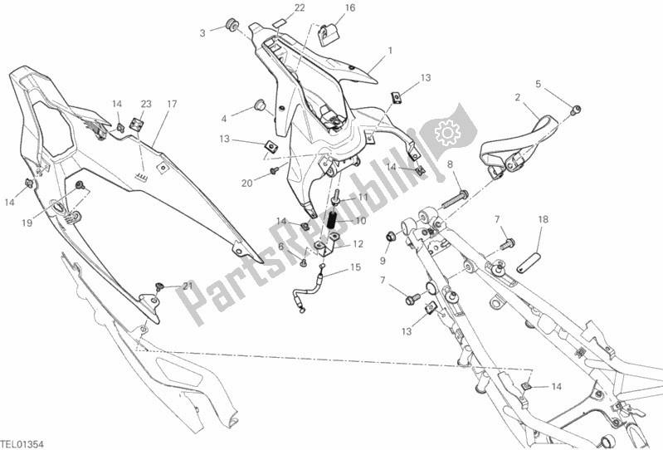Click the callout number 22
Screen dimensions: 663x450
coord(300,8)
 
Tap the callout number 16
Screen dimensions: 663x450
coord(350,8)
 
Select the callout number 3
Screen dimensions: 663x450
coord(202,33)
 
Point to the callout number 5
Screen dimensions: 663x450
coord(539,84)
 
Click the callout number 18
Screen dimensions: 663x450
coord(544,219)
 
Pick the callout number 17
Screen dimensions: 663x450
coord(172,104)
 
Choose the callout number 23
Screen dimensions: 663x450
coord(146,104)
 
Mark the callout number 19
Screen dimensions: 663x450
coord(27,223)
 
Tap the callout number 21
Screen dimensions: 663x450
coord(188,286)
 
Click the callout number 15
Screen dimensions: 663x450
coord(356,267)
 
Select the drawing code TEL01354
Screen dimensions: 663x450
coord(22,444)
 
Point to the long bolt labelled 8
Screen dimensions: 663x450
coord(455,200)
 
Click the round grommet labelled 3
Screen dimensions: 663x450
coord(232,24)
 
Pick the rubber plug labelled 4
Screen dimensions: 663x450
coord(259,105)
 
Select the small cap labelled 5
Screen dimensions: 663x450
coord(576,110)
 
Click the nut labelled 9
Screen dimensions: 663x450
coord(390,236)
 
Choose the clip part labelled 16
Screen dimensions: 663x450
coord(328,35)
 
